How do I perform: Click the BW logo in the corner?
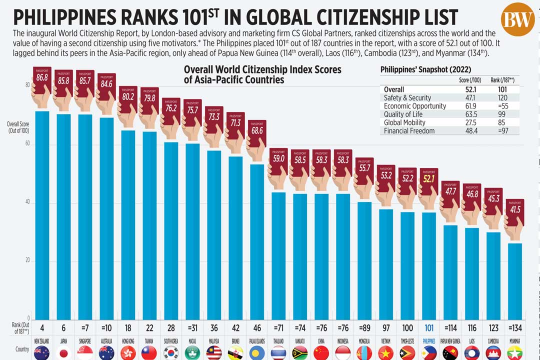(517, 19)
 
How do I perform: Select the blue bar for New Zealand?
(42, 215)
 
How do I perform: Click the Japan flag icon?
(63, 352)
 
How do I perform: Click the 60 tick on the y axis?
(28, 144)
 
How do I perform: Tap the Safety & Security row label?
(407, 98)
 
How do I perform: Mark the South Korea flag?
(171, 352)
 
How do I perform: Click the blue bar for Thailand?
(278, 255)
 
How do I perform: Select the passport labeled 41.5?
(515, 209)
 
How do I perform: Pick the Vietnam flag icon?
(385, 352)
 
